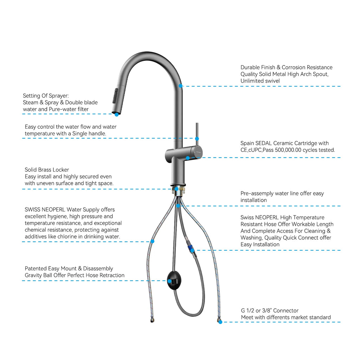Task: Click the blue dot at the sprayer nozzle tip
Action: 117,114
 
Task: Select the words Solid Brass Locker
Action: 47,170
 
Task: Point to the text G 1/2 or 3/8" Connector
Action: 270,310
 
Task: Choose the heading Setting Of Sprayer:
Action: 46,96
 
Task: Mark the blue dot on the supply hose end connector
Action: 220,322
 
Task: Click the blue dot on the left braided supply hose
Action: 152,241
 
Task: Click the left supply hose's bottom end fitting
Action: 147,320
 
